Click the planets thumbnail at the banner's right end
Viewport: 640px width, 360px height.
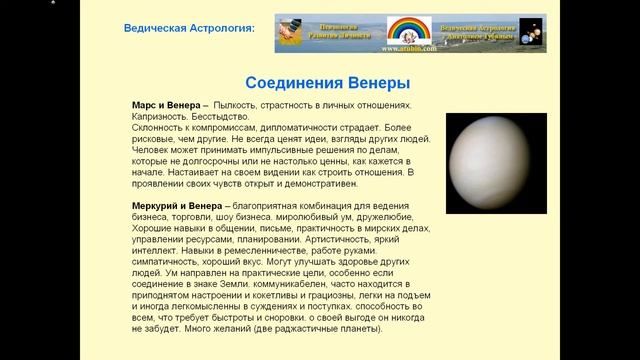tap(532, 33)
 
